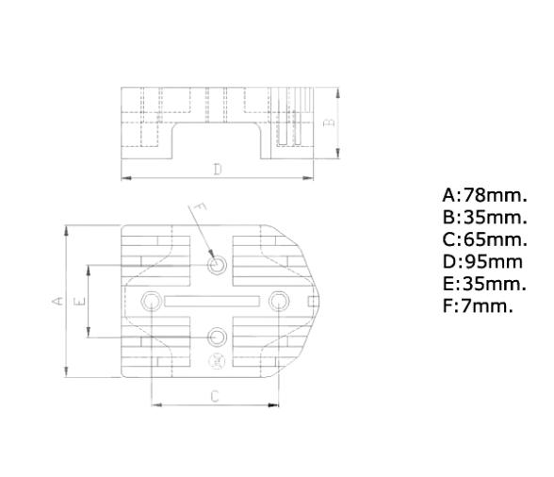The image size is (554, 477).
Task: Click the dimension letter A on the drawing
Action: pyautogui.click(x=56, y=301)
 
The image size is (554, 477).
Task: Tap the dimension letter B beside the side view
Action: pyautogui.click(x=327, y=122)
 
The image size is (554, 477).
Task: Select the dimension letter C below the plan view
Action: pyautogui.click(x=214, y=396)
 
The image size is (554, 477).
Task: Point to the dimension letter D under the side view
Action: pyautogui.click(x=217, y=170)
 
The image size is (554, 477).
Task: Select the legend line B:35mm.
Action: pyautogui.click(x=484, y=218)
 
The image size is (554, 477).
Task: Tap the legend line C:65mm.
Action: pyautogui.click(x=484, y=239)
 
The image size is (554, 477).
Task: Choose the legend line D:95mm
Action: pyautogui.click(x=481, y=261)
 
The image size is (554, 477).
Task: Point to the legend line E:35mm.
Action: pyautogui.click(x=484, y=283)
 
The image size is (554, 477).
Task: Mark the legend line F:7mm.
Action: pyautogui.click(x=478, y=304)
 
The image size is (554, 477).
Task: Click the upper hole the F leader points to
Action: pyautogui.click(x=218, y=265)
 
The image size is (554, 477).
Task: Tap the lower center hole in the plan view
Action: pyautogui.click(x=218, y=336)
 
